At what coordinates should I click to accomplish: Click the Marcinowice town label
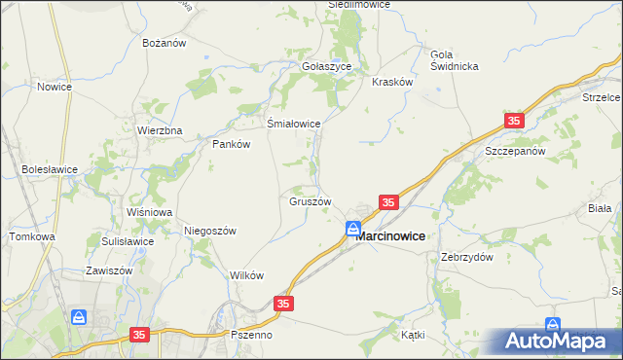(389, 235)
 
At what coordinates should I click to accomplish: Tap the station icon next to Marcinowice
(353, 230)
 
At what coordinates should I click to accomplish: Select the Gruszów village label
(311, 201)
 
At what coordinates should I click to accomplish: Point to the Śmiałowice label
(294, 124)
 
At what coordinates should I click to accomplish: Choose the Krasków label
(393, 83)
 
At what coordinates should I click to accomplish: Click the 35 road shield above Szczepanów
(514, 121)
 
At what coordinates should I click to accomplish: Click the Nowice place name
(55, 87)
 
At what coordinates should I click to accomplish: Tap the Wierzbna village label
(160, 130)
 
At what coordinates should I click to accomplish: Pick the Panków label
(232, 144)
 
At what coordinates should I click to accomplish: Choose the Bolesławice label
(50, 168)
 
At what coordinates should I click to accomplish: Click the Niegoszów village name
(210, 231)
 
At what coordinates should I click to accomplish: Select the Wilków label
(246, 275)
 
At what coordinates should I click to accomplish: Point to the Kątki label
(413, 334)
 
